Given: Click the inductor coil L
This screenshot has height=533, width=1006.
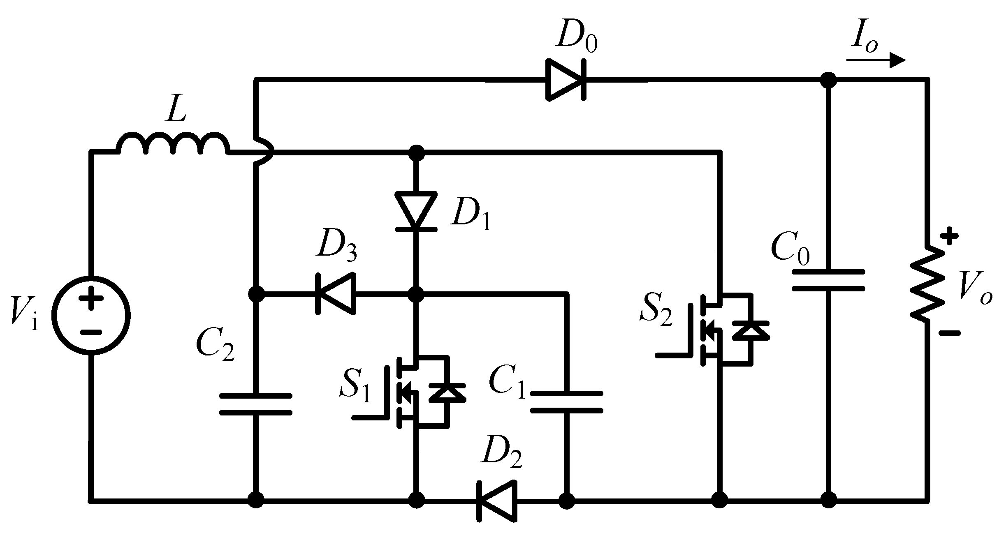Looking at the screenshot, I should (x=173, y=144).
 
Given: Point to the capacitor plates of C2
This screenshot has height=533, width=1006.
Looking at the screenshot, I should (x=256, y=404).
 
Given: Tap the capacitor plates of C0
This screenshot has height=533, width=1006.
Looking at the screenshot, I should (x=828, y=280).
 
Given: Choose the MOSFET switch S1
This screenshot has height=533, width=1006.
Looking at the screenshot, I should (x=415, y=392).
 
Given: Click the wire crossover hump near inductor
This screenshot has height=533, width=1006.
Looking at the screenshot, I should (x=263, y=152).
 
